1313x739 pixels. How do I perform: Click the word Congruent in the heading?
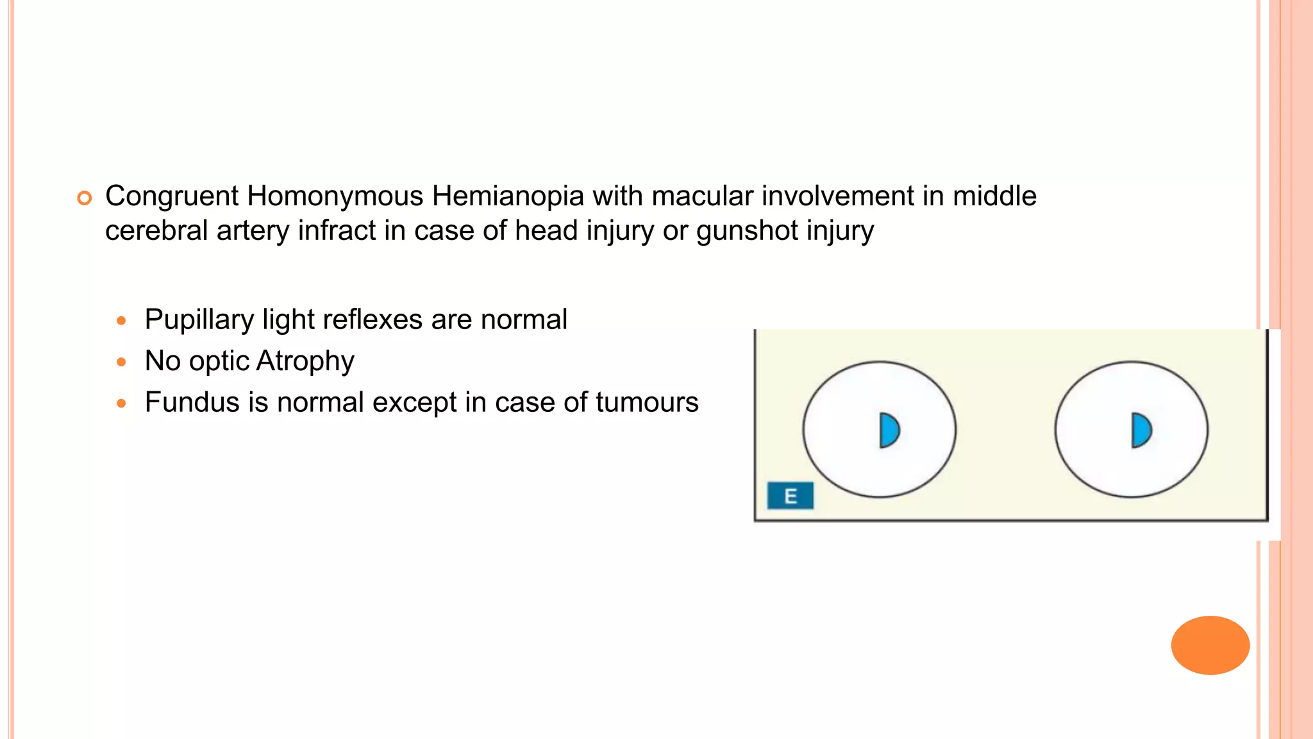pyautogui.click(x=171, y=196)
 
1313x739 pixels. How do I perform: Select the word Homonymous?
pyautogui.click(x=335, y=196)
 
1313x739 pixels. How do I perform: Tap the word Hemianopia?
pyautogui.click(x=508, y=196)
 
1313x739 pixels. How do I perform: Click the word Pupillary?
pyautogui.click(x=199, y=320)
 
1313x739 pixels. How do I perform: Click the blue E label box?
pyautogui.click(x=790, y=496)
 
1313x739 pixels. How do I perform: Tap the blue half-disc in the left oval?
pyautogui.click(x=889, y=430)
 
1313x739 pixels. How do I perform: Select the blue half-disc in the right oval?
pyautogui.click(x=1141, y=430)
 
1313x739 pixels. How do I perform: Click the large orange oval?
pyautogui.click(x=1210, y=645)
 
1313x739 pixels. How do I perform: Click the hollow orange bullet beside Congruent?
pyautogui.click(x=84, y=198)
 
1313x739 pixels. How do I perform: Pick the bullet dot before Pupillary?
pyautogui.click(x=121, y=320)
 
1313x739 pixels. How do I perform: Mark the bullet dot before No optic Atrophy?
pyautogui.click(x=121, y=362)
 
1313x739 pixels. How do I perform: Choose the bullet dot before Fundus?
pyautogui.click(x=121, y=403)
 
